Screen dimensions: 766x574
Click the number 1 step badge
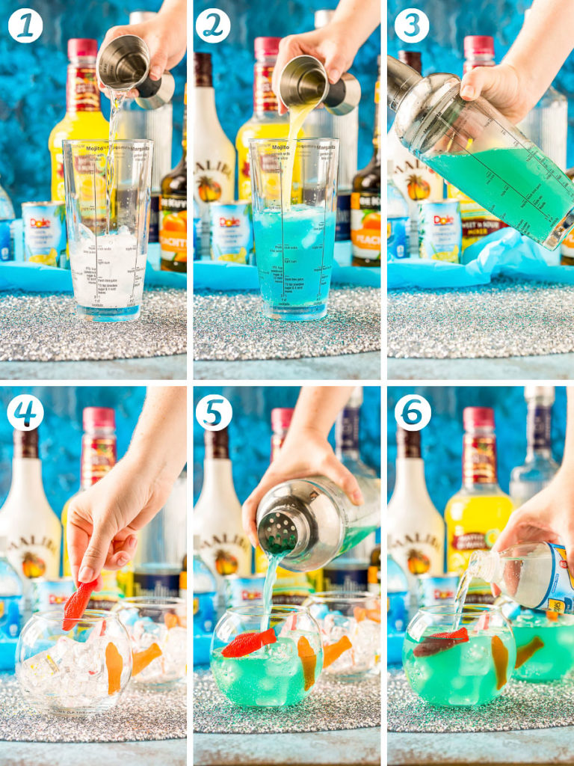click(x=25, y=25)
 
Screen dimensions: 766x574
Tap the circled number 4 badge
click(x=25, y=412)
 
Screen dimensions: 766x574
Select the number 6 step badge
click(x=413, y=412)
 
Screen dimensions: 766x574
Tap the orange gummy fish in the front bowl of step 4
click(x=114, y=668)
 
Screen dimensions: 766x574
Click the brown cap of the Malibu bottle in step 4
click(x=26, y=443)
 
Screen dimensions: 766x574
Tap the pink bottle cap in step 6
click(x=478, y=417)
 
